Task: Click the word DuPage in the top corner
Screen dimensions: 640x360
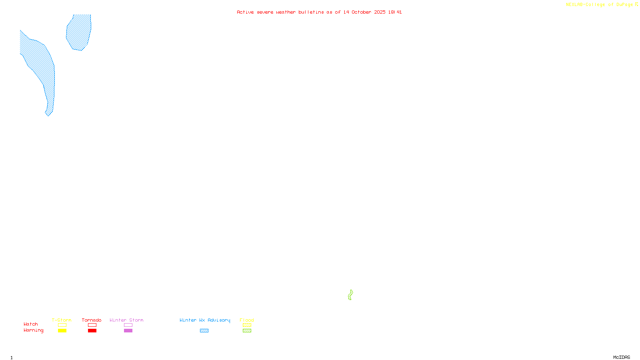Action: coord(624,5)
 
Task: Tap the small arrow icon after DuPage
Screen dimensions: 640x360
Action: coord(636,5)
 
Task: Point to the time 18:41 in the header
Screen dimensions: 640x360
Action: coord(395,12)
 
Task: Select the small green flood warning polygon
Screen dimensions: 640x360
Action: coord(350,295)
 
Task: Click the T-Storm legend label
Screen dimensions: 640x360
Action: coord(62,320)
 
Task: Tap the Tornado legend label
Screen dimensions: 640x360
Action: coord(92,320)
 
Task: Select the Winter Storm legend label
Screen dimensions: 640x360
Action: coord(126,320)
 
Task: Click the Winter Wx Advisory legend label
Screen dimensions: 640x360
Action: coord(205,320)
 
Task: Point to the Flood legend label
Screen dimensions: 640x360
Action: coord(247,320)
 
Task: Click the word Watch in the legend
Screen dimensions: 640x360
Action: coord(31,324)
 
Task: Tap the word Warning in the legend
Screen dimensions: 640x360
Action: coord(34,330)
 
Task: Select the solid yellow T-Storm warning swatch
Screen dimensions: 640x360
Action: coord(62,331)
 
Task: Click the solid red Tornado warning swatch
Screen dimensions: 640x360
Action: coord(92,331)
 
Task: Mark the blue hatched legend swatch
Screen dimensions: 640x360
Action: coord(204,331)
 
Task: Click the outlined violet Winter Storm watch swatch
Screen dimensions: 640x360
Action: coord(128,325)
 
